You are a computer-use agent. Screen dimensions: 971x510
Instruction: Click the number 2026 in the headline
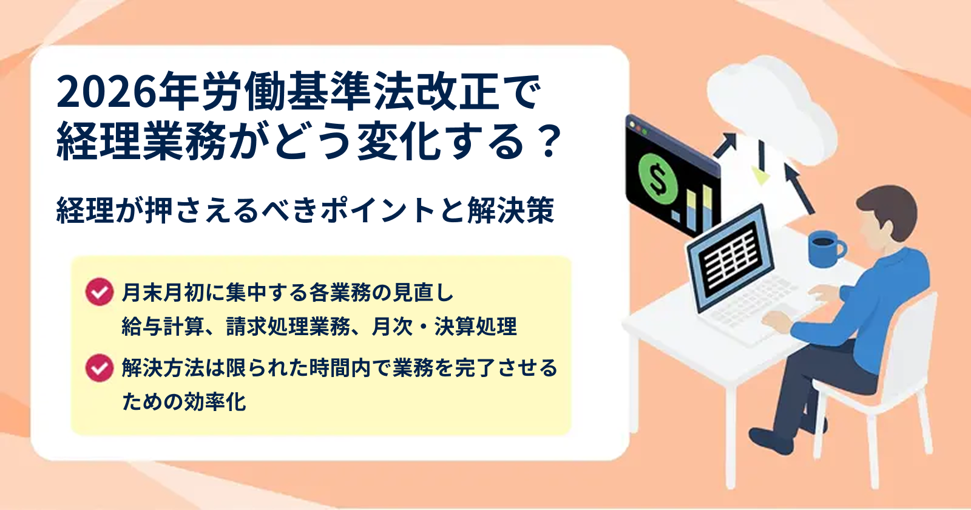click(106, 92)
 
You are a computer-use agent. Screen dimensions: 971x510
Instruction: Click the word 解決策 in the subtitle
click(510, 211)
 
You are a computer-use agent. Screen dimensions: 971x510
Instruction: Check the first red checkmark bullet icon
click(100, 292)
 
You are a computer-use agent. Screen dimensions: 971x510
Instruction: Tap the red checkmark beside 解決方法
click(100, 368)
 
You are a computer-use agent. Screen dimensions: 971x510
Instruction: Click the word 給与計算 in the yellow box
click(163, 327)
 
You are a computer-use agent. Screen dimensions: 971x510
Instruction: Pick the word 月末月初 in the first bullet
click(163, 292)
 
